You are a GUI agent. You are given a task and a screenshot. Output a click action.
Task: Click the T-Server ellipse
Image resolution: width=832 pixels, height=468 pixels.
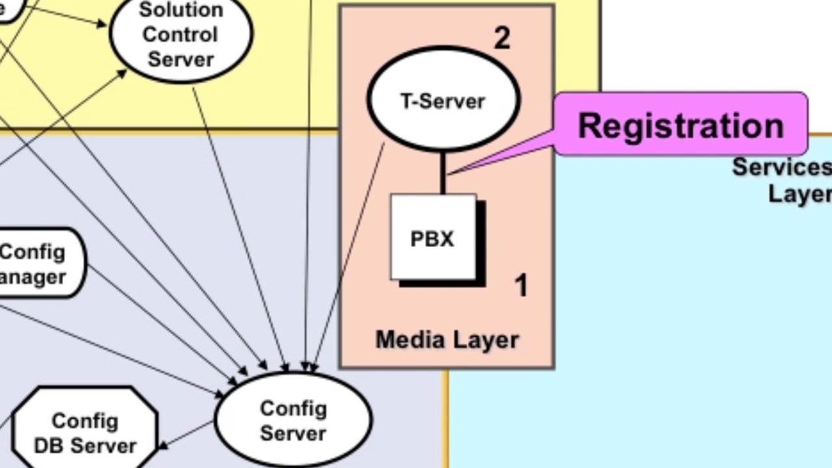click(443, 101)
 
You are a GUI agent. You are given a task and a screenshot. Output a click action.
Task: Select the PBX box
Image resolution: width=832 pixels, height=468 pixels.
click(433, 238)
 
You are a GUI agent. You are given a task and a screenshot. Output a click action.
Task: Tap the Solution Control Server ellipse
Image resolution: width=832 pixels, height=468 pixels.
click(181, 35)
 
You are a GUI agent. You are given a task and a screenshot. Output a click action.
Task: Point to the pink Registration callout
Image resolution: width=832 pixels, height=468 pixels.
click(681, 124)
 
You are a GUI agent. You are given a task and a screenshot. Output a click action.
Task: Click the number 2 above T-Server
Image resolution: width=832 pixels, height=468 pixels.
click(502, 39)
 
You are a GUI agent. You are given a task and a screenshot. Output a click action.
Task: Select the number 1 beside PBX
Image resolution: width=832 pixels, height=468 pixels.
click(521, 285)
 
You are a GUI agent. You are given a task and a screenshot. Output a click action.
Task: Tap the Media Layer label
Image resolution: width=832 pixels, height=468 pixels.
click(447, 339)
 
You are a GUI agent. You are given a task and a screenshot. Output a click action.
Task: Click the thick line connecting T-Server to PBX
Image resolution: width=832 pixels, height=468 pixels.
click(443, 172)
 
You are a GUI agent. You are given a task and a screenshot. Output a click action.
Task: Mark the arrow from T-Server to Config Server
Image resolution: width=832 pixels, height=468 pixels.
click(348, 260)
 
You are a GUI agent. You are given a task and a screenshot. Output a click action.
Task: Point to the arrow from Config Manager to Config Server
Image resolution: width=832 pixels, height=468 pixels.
click(162, 325)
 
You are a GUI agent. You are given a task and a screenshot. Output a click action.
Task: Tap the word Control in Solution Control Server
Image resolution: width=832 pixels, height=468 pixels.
click(180, 34)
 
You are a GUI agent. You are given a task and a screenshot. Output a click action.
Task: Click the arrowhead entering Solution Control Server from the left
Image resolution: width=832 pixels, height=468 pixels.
click(102, 25)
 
